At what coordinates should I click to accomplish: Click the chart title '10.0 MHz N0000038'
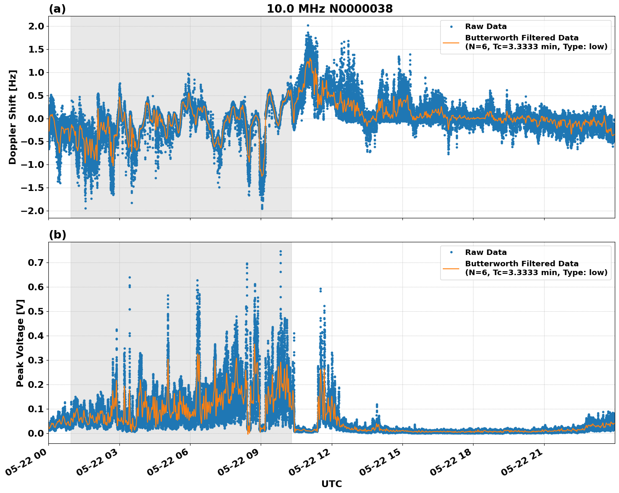coord(330,9)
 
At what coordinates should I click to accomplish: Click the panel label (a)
coord(57,9)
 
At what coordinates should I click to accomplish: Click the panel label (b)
coord(57,235)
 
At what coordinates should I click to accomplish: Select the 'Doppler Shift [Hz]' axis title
coord(13,117)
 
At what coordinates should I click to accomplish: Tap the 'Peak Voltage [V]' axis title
coord(20,343)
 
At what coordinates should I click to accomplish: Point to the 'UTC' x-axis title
coord(331,484)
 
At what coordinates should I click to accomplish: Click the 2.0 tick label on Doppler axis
coord(35,26)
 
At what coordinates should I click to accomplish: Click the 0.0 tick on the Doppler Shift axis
coord(35,119)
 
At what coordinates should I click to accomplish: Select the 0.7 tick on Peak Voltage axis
coord(35,262)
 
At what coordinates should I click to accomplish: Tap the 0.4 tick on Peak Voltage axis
coord(35,336)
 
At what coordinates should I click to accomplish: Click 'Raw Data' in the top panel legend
coord(486,27)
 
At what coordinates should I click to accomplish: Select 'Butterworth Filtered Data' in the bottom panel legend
coord(521,264)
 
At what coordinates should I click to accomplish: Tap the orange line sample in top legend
coord(451,42)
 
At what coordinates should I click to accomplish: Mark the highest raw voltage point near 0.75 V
coord(280,252)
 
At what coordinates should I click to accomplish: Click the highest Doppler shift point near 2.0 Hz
coord(308,26)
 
